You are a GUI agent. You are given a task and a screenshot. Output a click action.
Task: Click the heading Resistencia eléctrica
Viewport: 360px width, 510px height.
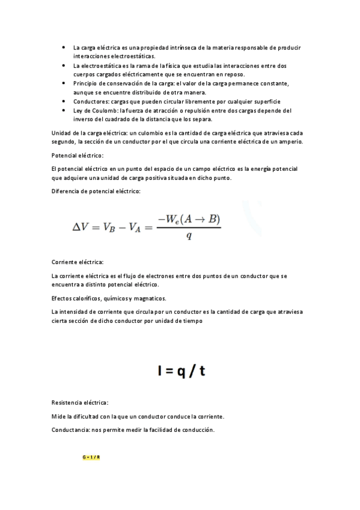81,402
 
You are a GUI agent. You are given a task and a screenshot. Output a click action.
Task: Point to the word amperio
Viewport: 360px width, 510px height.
291,141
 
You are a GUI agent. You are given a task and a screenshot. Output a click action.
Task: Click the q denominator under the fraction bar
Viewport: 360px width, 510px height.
189,236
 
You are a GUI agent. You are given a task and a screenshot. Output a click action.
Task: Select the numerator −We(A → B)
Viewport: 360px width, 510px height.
189,219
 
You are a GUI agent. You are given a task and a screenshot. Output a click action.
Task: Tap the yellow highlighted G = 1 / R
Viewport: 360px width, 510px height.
91,458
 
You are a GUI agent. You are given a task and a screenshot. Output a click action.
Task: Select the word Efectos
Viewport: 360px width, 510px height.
63,298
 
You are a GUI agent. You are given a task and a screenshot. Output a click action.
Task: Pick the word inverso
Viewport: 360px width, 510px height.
84,119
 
